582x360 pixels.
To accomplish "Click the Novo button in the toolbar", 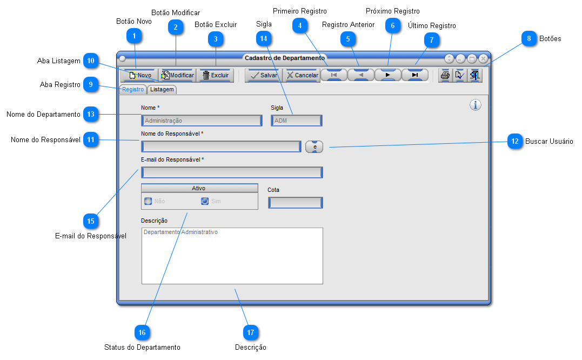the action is [139, 75].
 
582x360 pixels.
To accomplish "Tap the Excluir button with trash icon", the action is [215, 75].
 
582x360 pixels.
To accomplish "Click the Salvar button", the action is [264, 75].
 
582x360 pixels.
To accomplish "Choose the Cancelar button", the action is [302, 75].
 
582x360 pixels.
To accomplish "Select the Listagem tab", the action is [162, 89].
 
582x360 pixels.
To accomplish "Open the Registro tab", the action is [133, 89].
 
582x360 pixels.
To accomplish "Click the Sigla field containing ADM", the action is [297, 121].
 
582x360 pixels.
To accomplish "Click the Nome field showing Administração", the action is [202, 121].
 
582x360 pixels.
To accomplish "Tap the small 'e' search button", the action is [315, 146].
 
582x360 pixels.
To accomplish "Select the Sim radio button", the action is [205, 201].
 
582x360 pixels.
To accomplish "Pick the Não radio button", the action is [148, 201].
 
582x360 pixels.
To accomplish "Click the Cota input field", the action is [296, 203].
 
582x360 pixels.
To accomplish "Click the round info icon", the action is [476, 105].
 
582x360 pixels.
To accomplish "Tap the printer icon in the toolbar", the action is [445, 75].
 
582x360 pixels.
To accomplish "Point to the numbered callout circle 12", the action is [515, 142].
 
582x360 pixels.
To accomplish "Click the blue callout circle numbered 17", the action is [251, 332].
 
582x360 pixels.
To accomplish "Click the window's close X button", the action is [483, 58].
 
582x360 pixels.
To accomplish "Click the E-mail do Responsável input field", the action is [232, 172].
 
